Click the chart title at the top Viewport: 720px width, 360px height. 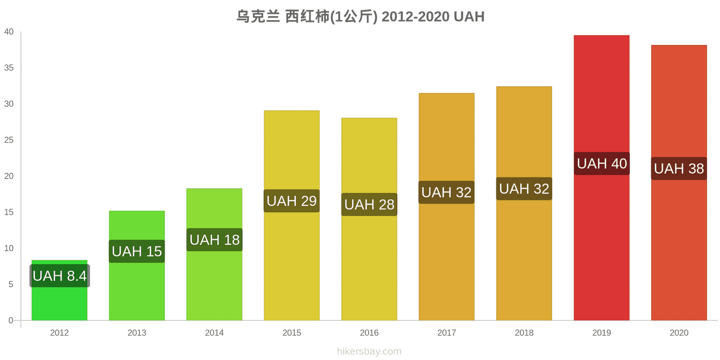click(360, 16)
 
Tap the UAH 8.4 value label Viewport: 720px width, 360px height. click(60, 276)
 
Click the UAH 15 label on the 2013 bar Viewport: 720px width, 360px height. click(137, 252)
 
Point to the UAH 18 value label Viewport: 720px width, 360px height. click(214, 240)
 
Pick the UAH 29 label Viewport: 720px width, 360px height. click(292, 201)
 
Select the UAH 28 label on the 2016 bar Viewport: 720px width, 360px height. click(369, 204)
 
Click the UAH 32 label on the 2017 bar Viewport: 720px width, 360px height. click(446, 192)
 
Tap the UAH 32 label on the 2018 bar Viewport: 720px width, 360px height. click(524, 189)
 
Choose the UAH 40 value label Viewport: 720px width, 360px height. click(602, 164)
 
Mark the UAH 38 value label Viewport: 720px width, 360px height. click(679, 168)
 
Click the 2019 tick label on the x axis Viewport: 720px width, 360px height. click(602, 333)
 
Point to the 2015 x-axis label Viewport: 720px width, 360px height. click(292, 333)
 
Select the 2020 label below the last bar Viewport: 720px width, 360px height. click(679, 333)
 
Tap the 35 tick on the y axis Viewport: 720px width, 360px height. click(9, 68)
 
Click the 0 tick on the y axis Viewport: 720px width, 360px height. click(11, 320)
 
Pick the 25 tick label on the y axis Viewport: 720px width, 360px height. click(9, 140)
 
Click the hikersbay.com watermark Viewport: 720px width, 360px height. click(369, 351)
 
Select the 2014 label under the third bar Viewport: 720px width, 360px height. click(214, 333)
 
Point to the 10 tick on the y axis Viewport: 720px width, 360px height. click(9, 248)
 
